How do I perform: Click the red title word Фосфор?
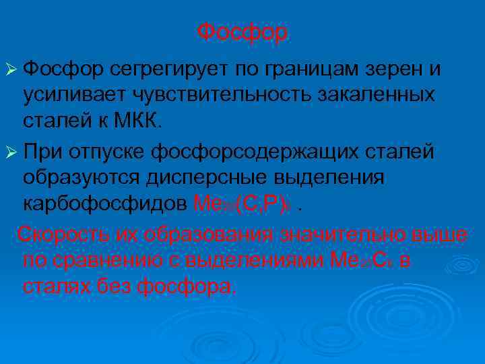(243, 32)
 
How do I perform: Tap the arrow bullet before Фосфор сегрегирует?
(11, 69)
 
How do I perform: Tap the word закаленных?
(378, 95)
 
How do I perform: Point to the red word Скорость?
(65, 234)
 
